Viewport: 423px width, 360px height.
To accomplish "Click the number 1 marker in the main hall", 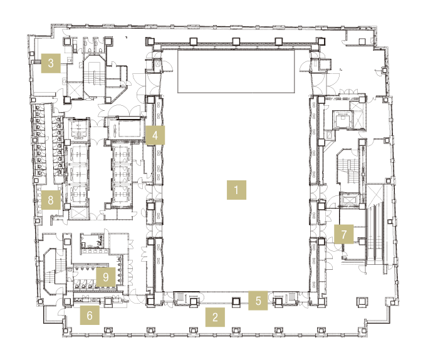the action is [236, 190].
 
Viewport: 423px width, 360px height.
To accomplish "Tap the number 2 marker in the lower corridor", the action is [215, 317].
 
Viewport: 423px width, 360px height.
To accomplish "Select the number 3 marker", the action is [51, 63].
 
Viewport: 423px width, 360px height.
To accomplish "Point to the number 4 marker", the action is [155, 135].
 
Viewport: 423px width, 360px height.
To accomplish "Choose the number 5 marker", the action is [258, 301].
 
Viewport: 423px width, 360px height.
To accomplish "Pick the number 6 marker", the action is [90, 315].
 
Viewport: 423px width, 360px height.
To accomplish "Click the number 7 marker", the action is [343, 234].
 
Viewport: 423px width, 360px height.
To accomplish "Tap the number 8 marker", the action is [51, 200].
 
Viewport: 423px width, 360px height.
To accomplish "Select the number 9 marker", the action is [106, 277].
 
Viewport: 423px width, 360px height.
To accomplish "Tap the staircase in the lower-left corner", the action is [55, 272].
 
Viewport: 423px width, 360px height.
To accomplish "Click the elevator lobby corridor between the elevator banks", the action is [100, 172].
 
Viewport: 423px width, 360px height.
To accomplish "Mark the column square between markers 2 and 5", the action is [236, 301].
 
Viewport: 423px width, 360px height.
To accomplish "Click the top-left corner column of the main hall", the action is [150, 41].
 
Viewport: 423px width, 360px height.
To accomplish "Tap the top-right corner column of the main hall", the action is [321, 41].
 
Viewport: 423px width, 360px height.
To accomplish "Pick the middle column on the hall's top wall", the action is [236, 41].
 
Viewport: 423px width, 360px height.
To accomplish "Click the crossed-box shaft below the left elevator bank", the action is [78, 214].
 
